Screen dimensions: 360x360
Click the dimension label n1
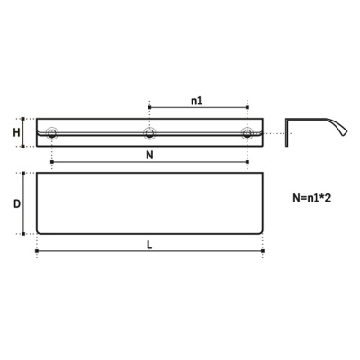tap(197, 101)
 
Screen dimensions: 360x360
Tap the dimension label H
tap(16, 132)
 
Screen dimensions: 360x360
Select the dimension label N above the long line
tap(149, 155)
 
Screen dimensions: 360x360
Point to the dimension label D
tap(17, 204)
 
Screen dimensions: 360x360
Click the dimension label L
tap(149, 245)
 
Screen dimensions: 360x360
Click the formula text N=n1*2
tap(312, 198)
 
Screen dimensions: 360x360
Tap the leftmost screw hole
tap(52, 133)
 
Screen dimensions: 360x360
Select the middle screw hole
tap(149, 133)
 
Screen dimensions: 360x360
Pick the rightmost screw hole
tap(247, 133)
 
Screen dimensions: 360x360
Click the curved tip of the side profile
tap(345, 132)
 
